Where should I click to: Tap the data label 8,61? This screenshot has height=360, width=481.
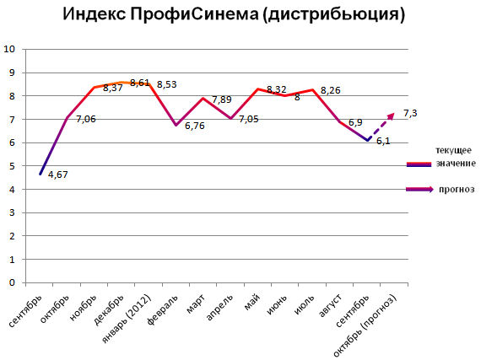point(140,83)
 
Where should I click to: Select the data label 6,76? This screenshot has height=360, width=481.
point(195,127)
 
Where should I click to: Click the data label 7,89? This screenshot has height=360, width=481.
point(221,99)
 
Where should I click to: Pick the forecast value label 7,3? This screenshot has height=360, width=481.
point(411,113)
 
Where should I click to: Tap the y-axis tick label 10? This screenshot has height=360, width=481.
point(9,49)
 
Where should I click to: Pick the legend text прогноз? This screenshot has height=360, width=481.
point(457,190)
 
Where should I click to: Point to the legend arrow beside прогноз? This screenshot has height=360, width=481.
point(419,190)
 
